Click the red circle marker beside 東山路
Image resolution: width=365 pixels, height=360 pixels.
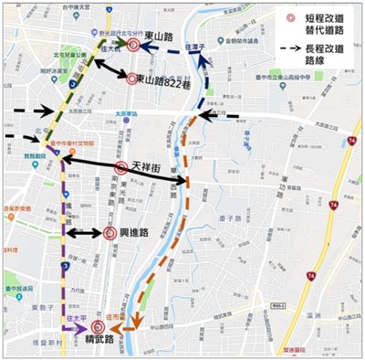(x=133, y=44)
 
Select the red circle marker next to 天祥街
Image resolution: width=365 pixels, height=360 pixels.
(x=121, y=168)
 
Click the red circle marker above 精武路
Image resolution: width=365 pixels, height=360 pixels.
(x=99, y=326)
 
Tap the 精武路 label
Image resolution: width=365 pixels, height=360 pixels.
(x=99, y=341)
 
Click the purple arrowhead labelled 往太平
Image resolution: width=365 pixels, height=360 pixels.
(x=82, y=326)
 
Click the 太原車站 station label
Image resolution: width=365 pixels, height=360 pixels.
(x=137, y=115)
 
